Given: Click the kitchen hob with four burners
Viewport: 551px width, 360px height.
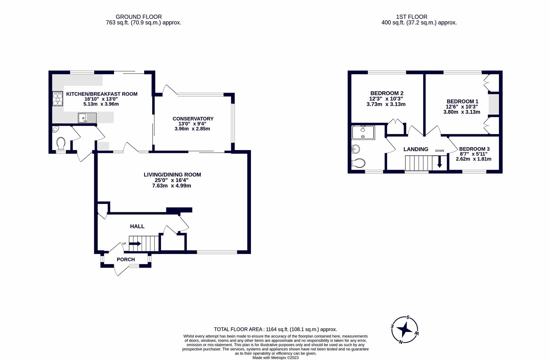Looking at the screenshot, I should coord(58,99).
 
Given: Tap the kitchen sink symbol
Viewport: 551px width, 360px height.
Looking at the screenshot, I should coord(87,118).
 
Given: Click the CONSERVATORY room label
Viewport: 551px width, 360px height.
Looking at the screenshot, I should coord(193,119).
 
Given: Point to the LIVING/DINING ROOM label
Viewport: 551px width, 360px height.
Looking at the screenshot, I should coord(172,175).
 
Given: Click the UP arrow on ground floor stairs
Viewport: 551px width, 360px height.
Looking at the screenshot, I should coord(135,244).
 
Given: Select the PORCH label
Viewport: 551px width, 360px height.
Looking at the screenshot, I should coord(126,260).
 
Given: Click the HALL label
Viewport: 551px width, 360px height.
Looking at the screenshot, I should coord(137,227).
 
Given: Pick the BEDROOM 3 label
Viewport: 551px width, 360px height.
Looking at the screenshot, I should coord(474,149).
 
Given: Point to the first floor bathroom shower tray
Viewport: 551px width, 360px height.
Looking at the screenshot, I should coord(363,132).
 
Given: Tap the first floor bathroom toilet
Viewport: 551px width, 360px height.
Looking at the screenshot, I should coord(359,163).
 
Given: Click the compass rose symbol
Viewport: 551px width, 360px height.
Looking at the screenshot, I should coord(405,330).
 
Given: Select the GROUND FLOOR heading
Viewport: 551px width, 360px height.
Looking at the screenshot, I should coord(138,17).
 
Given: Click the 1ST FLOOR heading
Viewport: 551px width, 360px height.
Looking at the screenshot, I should coord(411,17).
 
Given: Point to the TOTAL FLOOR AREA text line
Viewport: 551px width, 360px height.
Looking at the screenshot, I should coord(275,329).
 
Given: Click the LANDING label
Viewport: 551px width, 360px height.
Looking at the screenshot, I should coord(416,149).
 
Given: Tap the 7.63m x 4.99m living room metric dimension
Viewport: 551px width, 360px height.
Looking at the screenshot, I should coord(171,186).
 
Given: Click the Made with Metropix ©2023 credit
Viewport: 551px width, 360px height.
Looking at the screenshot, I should coord(275,358).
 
